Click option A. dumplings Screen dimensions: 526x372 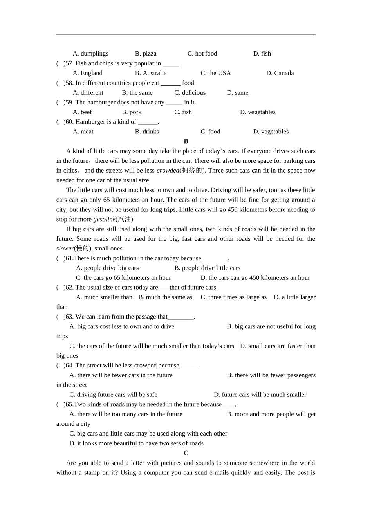tap(90, 54)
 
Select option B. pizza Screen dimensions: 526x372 tap(146, 54)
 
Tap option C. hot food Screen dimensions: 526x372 tap(202, 54)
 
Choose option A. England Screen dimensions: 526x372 tap(88, 73)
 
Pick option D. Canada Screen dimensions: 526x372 tap(280, 73)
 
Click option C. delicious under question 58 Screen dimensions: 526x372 tap(190, 93)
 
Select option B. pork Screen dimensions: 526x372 tap(132, 112)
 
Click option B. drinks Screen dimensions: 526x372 tap(147, 131)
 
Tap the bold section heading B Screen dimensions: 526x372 tap(186, 141)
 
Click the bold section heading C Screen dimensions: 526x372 tap(186, 453)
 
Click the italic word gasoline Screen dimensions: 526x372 tap(104, 220)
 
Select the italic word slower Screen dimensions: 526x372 tap(65, 249)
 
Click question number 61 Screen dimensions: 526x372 tap(69, 258)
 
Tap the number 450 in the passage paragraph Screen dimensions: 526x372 tap(233, 210)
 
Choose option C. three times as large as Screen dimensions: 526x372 tap(233, 297)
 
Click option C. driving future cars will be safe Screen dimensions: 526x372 tap(113, 395)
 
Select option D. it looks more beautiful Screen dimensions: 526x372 tap(136, 443)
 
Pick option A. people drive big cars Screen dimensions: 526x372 tap(107, 268)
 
